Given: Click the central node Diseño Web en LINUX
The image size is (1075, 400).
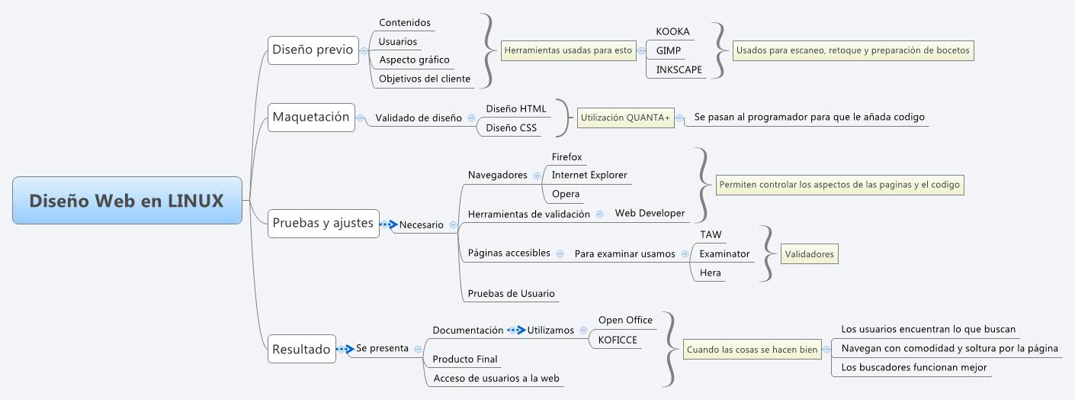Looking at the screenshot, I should [x=127, y=201].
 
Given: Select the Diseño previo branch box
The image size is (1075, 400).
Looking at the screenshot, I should [x=312, y=50].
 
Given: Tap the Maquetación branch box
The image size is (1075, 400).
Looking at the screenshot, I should [x=310, y=117].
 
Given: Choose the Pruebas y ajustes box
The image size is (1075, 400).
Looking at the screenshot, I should [x=322, y=223].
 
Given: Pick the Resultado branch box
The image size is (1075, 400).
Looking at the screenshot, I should [x=301, y=349].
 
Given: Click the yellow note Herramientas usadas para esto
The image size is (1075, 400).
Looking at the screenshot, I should [x=568, y=50].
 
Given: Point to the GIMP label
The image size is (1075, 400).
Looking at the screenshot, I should [x=669, y=50].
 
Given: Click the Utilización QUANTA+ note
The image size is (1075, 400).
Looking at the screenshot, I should [x=625, y=118].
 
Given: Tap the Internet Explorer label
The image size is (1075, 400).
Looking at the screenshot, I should [x=589, y=175].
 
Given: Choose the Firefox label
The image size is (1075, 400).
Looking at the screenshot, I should [x=566, y=156].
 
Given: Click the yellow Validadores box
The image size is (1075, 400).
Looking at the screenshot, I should [x=809, y=254].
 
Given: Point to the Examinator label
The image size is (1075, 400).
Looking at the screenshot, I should [x=724, y=253].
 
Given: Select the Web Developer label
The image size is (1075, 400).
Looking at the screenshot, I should [x=650, y=213].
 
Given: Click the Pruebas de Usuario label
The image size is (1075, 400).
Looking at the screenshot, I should [x=511, y=293].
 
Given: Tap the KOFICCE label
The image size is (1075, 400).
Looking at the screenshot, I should [x=617, y=340].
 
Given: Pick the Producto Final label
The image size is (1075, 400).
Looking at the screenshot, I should [x=465, y=359].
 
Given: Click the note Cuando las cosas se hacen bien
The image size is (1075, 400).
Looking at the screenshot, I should [x=752, y=350].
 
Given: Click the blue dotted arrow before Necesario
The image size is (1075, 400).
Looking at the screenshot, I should [x=388, y=224].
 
